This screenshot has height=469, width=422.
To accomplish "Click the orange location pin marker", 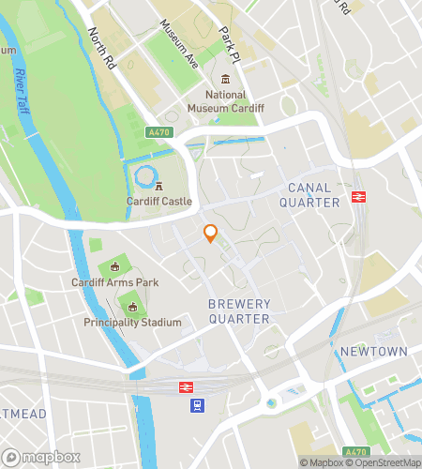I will point(211,234).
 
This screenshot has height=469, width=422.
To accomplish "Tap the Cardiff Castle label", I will point(159,201).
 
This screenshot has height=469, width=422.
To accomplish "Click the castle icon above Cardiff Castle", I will point(159,186).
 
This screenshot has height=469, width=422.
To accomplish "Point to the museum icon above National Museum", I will point(225,79).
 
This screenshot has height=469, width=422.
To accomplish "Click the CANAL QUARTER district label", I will point(314,195).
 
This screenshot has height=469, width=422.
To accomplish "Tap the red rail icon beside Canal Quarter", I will point(357,196).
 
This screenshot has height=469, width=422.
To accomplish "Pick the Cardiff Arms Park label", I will point(115,282).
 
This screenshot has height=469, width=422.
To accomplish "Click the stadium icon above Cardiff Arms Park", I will point(115,266).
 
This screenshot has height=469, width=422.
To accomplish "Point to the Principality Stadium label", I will point(132,323).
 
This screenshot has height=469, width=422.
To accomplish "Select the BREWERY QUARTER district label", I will point(239,311).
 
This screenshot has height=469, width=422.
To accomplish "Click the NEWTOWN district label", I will point(373,351).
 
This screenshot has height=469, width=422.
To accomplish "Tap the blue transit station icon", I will point(198,405).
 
